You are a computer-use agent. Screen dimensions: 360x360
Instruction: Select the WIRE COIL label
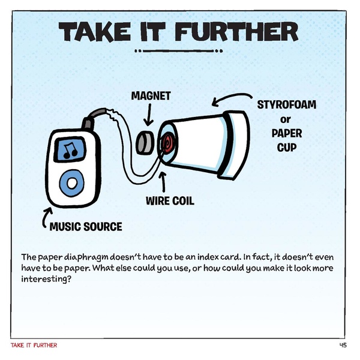tap(170, 200)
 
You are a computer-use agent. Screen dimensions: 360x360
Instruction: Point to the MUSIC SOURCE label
tap(86, 227)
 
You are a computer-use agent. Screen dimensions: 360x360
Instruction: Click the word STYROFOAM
tap(286, 105)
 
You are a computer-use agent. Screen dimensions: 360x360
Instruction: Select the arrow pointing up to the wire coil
tap(162, 181)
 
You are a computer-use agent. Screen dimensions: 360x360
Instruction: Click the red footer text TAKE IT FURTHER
tap(34, 346)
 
